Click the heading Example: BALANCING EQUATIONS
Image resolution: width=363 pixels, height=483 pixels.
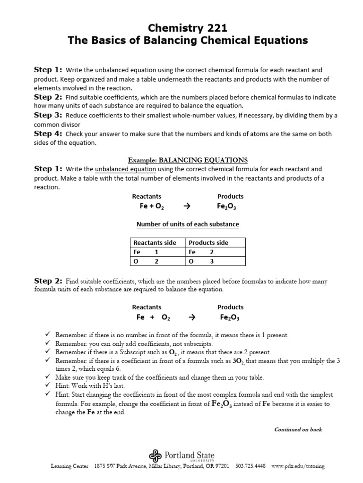pyautogui.click(x=188, y=160)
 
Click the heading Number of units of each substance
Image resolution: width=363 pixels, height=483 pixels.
pyautogui.click(x=188, y=224)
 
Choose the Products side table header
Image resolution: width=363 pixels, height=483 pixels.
pyautogui.click(x=208, y=242)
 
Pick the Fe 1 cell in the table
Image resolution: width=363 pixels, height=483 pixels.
pyautogui.click(x=146, y=252)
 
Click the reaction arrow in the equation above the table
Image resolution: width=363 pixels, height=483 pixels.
pyautogui.click(x=186, y=206)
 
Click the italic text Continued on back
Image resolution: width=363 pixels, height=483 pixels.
pyautogui.click(x=298, y=429)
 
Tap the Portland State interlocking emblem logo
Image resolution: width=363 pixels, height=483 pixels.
pyautogui.click(x=156, y=456)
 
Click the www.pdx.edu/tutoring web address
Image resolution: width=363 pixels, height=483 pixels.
pyautogui.click(x=298, y=466)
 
